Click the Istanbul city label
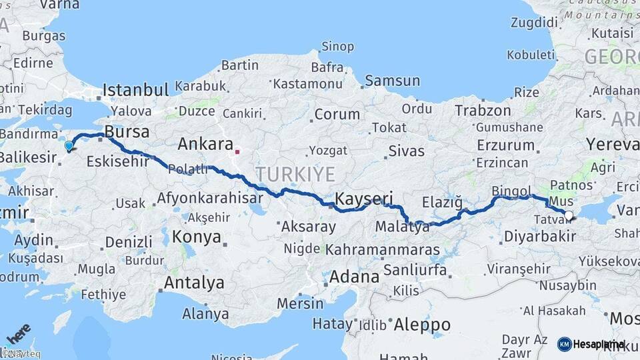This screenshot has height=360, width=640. (x=136, y=90)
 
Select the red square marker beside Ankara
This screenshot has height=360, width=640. (x=237, y=151)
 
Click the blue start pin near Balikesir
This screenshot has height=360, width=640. (x=69, y=146)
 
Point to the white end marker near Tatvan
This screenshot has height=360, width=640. (x=569, y=215)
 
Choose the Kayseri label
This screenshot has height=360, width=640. (x=364, y=199)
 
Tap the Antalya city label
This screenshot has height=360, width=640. (x=194, y=283)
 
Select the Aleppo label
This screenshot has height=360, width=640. (x=422, y=325)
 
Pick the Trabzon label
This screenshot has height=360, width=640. (x=483, y=111)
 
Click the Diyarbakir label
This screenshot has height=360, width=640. (x=539, y=237)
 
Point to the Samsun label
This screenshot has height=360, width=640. (x=392, y=81)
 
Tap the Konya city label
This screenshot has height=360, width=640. (x=197, y=237)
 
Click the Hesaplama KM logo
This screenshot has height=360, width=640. (x=591, y=344)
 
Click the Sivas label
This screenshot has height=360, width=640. (x=407, y=151)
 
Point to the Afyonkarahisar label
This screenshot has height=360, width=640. (x=209, y=198)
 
